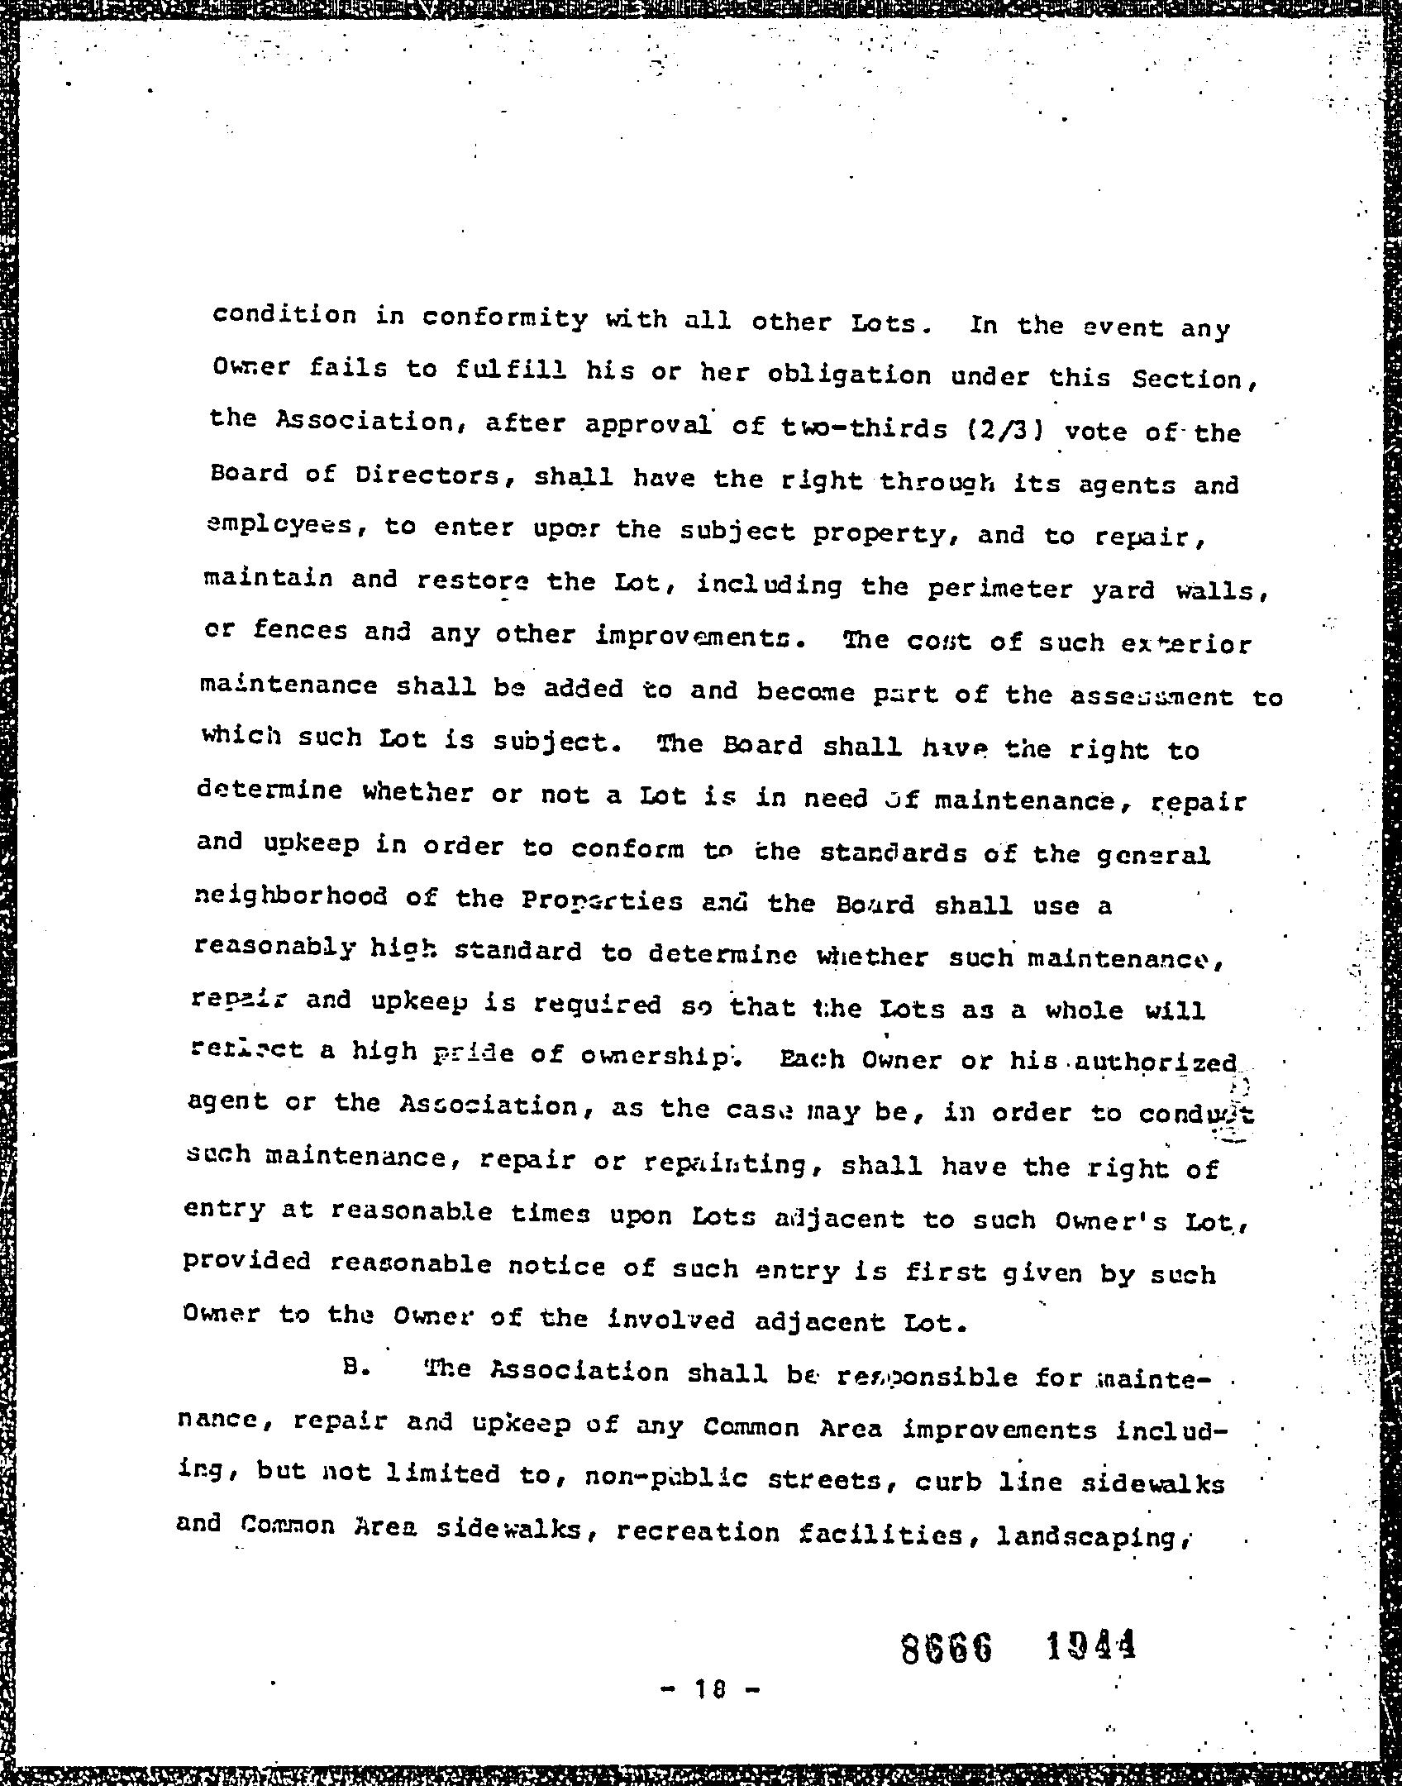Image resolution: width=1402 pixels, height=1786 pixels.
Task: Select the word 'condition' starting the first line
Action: (x=285, y=315)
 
